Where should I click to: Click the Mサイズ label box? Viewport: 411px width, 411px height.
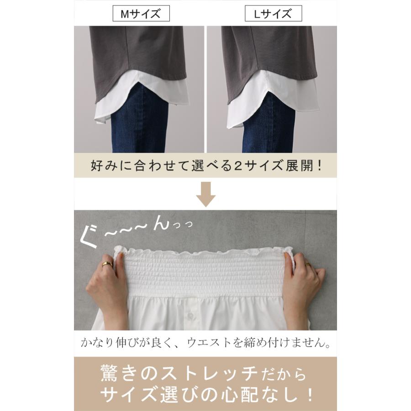click(141, 14)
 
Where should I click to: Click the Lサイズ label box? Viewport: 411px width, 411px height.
click(274, 14)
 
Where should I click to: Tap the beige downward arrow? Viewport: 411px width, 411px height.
click(205, 195)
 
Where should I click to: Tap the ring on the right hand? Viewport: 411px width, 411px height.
click(308, 264)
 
